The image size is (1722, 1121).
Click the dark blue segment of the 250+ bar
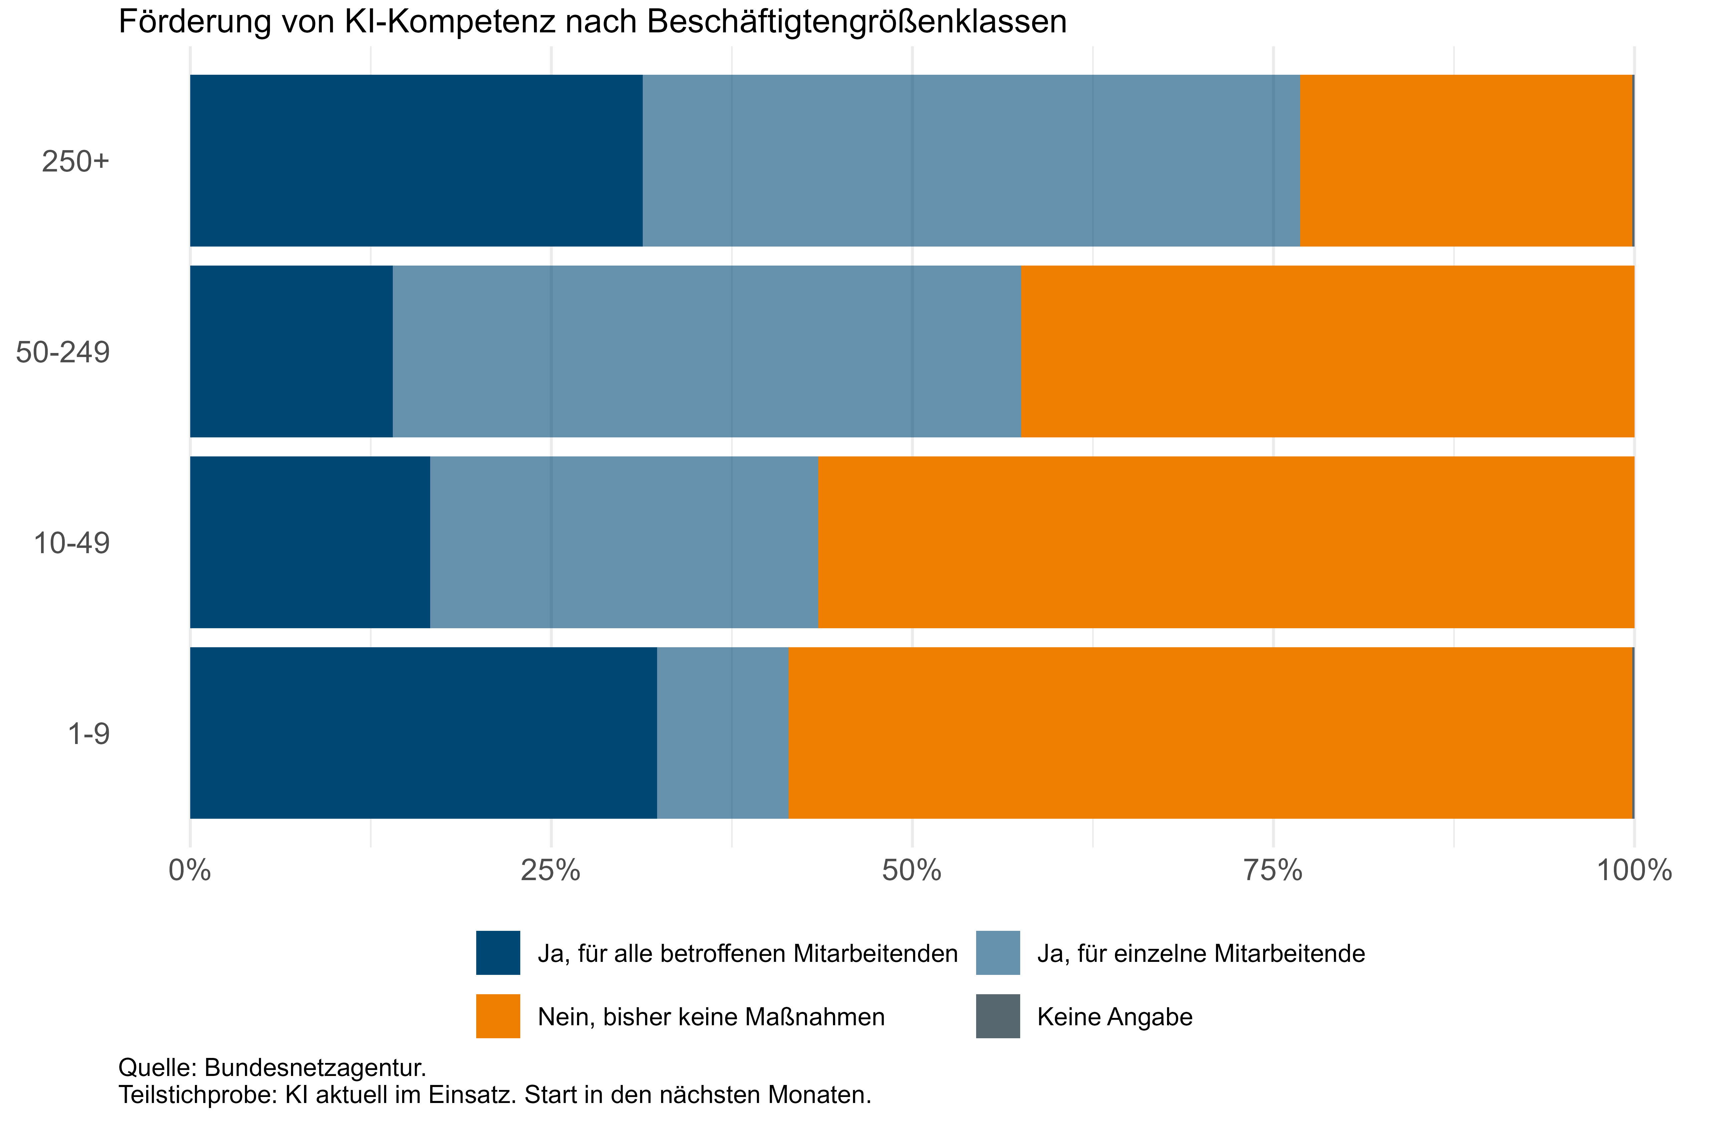[416, 160]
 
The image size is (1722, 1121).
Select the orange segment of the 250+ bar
[1466, 160]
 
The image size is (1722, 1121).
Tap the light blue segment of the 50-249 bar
[706, 352]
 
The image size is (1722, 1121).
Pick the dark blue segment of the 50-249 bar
[291, 352]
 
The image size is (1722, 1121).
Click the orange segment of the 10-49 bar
[1226, 542]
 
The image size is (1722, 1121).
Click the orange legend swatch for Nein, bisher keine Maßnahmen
[498, 1016]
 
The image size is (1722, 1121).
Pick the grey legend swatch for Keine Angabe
[998, 1016]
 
